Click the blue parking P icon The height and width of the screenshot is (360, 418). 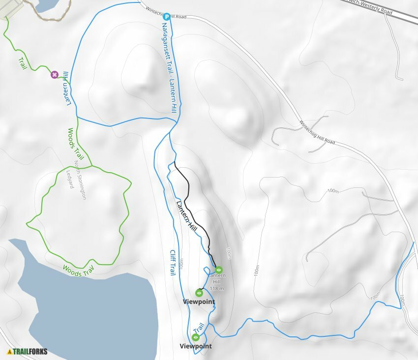(x=166, y=16)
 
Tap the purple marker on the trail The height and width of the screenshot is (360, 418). (x=54, y=75)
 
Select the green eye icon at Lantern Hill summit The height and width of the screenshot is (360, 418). (x=218, y=270)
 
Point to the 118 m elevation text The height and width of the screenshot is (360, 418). (x=217, y=288)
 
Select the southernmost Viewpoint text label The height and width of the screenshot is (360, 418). (x=196, y=346)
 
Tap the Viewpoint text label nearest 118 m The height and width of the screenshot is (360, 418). (x=199, y=301)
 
